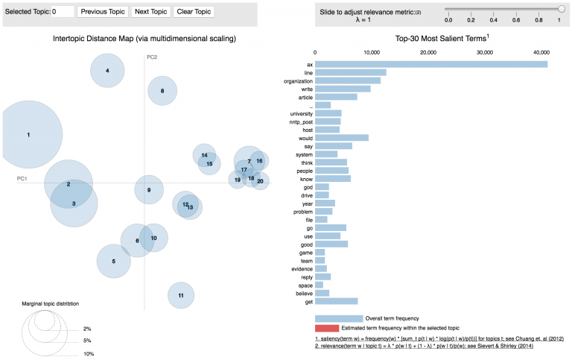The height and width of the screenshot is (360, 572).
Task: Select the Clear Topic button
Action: click(193, 12)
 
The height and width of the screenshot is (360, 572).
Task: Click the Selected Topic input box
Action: click(63, 12)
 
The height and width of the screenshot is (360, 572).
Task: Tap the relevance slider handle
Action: click(561, 9)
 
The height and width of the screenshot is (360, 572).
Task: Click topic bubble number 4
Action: click(108, 71)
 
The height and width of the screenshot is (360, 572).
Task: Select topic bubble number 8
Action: click(162, 92)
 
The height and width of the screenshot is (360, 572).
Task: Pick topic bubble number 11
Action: click(180, 295)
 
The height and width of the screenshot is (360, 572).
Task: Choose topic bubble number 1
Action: click(28, 135)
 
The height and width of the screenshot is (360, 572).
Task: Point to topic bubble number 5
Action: click(114, 261)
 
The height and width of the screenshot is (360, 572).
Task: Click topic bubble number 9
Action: click(149, 190)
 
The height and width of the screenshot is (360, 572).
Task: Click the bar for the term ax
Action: click(431, 64)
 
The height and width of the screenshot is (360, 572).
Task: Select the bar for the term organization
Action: click(348, 80)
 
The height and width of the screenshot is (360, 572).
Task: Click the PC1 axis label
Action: click(22, 179)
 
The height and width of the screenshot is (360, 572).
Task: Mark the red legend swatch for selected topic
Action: click(326, 328)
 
